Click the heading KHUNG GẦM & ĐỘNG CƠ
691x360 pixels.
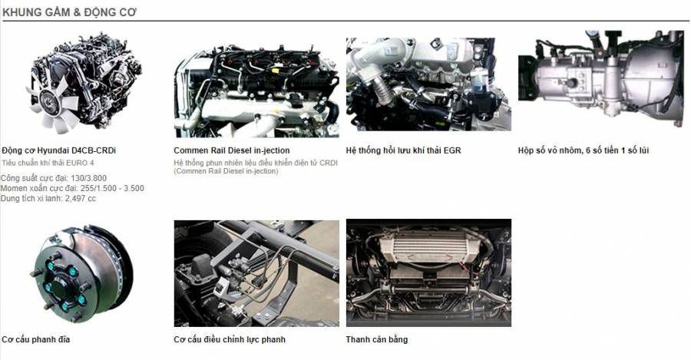point(70,12)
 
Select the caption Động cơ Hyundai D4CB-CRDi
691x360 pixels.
point(58,150)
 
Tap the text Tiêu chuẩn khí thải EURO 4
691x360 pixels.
point(48,163)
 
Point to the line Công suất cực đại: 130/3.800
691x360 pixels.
point(53,178)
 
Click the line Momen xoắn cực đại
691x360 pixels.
point(72,188)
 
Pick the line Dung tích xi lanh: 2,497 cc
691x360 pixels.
point(48,198)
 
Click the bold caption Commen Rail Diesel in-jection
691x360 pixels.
point(232,150)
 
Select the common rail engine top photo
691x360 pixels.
point(257,91)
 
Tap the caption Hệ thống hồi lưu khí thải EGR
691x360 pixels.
point(403,150)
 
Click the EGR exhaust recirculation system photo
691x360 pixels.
point(428,84)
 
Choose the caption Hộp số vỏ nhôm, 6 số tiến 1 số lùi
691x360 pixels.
point(584,150)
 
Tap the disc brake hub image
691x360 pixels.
point(82,273)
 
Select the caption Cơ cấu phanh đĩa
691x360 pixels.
point(35,339)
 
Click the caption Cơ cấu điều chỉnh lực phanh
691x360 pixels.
point(230,339)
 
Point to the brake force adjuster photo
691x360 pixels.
point(257,273)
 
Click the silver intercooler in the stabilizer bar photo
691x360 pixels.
point(428,246)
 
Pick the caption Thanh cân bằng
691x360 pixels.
point(377,339)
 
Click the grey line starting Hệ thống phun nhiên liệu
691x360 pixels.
point(256,163)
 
